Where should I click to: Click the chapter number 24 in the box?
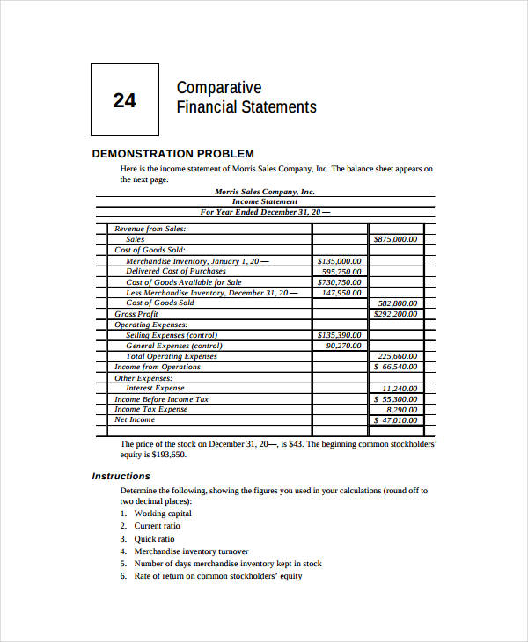(x=124, y=100)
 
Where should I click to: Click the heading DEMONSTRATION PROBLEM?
(x=172, y=153)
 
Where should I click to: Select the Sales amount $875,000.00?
(x=395, y=239)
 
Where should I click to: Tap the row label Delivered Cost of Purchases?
(x=176, y=272)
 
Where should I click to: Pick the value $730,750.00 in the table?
(x=339, y=282)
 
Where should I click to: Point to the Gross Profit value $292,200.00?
(x=395, y=314)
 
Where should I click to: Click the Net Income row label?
(x=135, y=419)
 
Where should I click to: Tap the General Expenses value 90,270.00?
(x=343, y=346)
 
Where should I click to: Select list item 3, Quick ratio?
(x=154, y=538)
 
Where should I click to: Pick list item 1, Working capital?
(x=162, y=514)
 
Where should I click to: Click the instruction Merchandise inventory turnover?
(x=191, y=551)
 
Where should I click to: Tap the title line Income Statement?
(x=264, y=201)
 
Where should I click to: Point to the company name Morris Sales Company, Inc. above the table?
(x=264, y=191)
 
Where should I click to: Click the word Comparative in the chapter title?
(x=219, y=88)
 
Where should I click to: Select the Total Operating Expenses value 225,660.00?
(x=398, y=356)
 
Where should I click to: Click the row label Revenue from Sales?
(x=150, y=229)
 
